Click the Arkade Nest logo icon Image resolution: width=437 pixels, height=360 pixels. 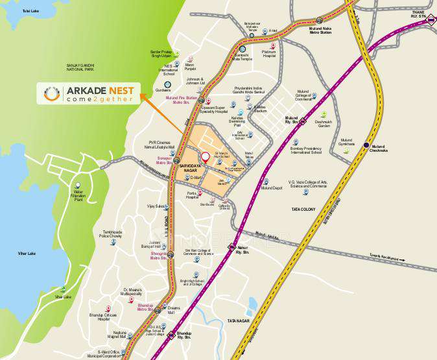[53, 93]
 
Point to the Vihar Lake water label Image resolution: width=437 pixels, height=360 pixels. [27, 253]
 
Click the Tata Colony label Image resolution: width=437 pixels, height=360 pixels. [303, 210]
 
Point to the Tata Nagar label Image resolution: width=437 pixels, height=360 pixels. [239, 321]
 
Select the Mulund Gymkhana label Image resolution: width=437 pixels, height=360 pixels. [347, 142]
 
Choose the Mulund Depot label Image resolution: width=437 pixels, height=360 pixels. [272, 188]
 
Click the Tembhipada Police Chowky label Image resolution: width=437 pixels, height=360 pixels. [113, 234]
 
